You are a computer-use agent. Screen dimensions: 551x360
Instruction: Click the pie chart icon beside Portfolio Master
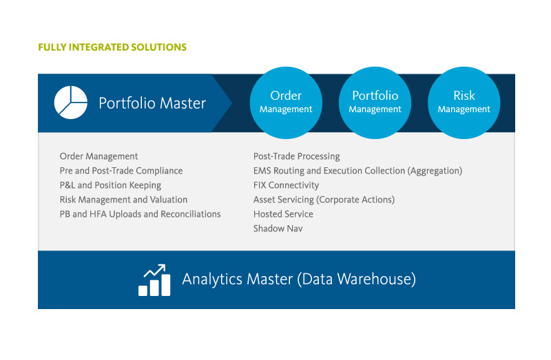[x=71, y=103]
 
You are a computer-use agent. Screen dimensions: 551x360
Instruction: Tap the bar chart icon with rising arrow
[x=154, y=280]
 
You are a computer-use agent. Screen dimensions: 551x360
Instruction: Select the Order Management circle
[x=286, y=103]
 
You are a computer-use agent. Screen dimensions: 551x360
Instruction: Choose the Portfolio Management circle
[x=375, y=103]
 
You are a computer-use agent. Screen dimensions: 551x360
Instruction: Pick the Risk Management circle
[x=464, y=103]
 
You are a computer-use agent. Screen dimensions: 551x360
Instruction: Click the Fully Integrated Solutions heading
[x=112, y=47]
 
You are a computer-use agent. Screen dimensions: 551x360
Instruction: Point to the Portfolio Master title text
[x=152, y=103]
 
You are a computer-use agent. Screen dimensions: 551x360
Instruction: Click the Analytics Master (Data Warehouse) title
[x=299, y=279]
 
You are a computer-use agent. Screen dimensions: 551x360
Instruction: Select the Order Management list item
[x=98, y=156]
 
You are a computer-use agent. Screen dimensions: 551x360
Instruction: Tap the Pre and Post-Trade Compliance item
[x=121, y=171]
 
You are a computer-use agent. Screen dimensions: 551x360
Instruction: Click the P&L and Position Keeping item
[x=110, y=185]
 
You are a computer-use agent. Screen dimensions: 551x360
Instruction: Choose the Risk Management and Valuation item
[x=123, y=200]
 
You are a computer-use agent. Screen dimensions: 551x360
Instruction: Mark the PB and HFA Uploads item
[x=141, y=214]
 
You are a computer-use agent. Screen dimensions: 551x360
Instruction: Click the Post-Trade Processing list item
[x=297, y=156]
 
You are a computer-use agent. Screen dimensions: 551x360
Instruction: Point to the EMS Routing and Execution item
[x=357, y=171]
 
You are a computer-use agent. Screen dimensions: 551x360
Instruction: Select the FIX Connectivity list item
[x=286, y=185]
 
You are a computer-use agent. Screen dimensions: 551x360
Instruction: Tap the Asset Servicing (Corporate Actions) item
[x=324, y=200]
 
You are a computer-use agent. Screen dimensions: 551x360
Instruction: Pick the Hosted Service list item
[x=283, y=214]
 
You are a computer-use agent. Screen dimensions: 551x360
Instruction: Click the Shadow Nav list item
[x=278, y=229]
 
